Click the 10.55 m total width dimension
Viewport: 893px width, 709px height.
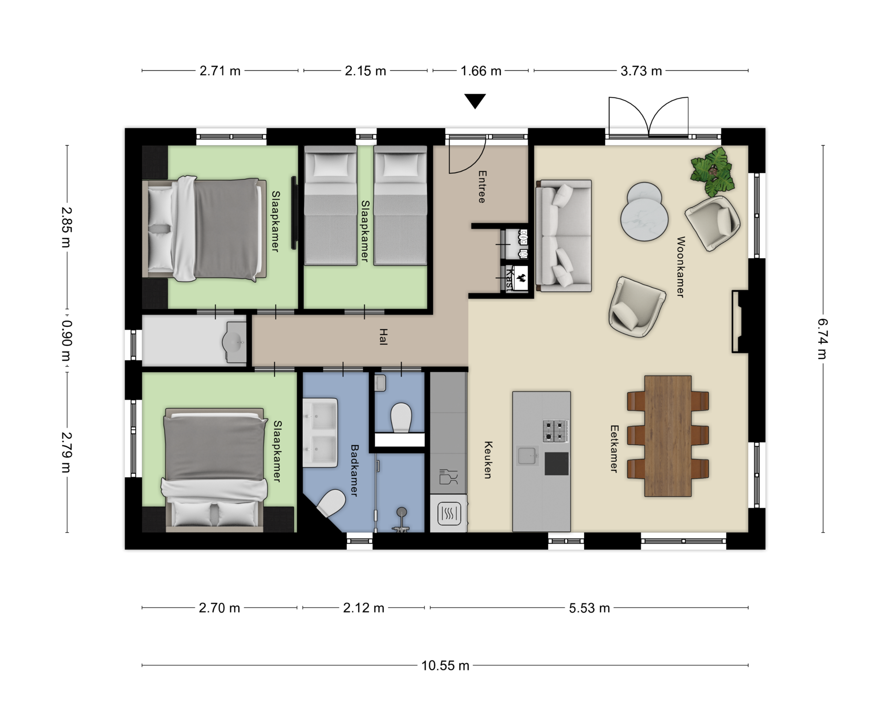click(x=445, y=666)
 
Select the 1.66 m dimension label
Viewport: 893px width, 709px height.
click(x=481, y=71)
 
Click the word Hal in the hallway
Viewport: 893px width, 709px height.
click(x=383, y=337)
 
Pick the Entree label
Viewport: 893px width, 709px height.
click(x=482, y=187)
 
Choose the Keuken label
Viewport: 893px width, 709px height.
click(x=488, y=460)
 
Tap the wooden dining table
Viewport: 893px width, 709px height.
click(x=668, y=436)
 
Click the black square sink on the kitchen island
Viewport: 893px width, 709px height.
click(x=556, y=463)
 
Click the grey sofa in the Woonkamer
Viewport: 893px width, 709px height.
click(x=564, y=236)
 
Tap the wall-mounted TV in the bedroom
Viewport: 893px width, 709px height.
click(x=294, y=213)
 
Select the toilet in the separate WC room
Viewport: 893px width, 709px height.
click(x=401, y=418)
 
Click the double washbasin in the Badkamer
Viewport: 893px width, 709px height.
click(x=320, y=433)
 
